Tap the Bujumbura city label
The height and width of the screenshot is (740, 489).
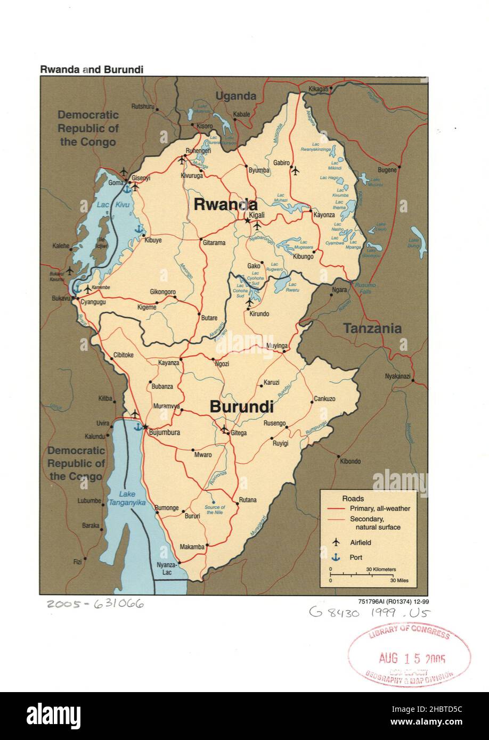click(x=164, y=433)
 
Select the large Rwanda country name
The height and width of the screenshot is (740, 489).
click(x=225, y=204)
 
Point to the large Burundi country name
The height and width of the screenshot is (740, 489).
click(x=241, y=407)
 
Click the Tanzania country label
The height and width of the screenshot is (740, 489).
click(x=372, y=328)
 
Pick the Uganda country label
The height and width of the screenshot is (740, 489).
click(x=235, y=96)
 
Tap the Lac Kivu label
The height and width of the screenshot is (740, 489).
click(x=106, y=204)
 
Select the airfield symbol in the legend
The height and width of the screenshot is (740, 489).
click(x=336, y=542)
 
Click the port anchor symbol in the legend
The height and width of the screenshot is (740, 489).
click(x=336, y=557)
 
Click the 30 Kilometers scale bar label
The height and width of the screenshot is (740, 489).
click(x=380, y=569)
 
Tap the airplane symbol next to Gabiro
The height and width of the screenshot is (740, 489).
click(x=296, y=171)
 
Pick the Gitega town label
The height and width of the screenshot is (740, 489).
click(x=239, y=433)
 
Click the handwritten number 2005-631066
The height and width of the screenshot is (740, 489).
click(x=95, y=604)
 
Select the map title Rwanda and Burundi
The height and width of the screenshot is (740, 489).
click(x=91, y=70)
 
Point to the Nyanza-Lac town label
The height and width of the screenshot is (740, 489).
click(x=165, y=568)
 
